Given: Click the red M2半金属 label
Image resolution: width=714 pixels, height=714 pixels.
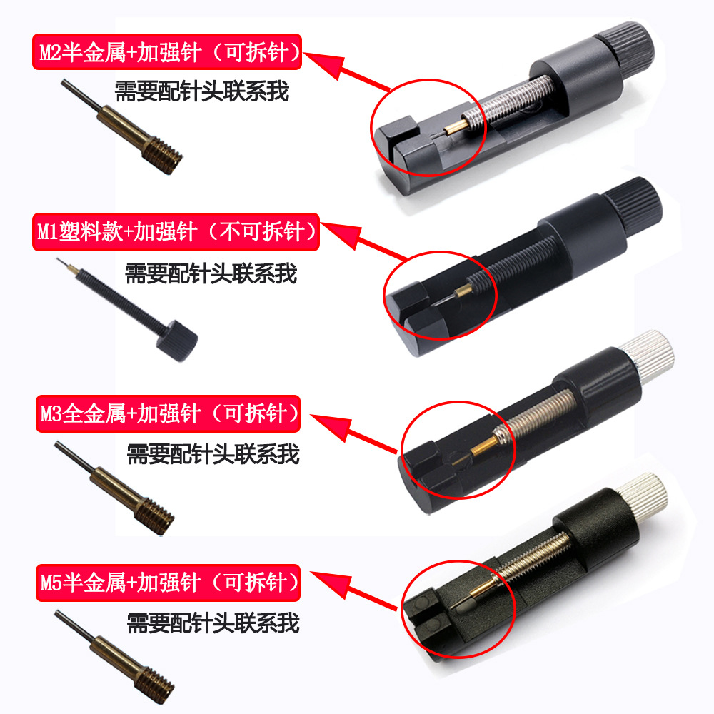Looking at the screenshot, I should click(x=167, y=52).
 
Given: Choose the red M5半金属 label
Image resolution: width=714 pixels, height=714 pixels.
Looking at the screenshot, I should click(x=167, y=582).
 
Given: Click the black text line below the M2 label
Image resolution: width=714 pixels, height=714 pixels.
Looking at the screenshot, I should click(x=201, y=91).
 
